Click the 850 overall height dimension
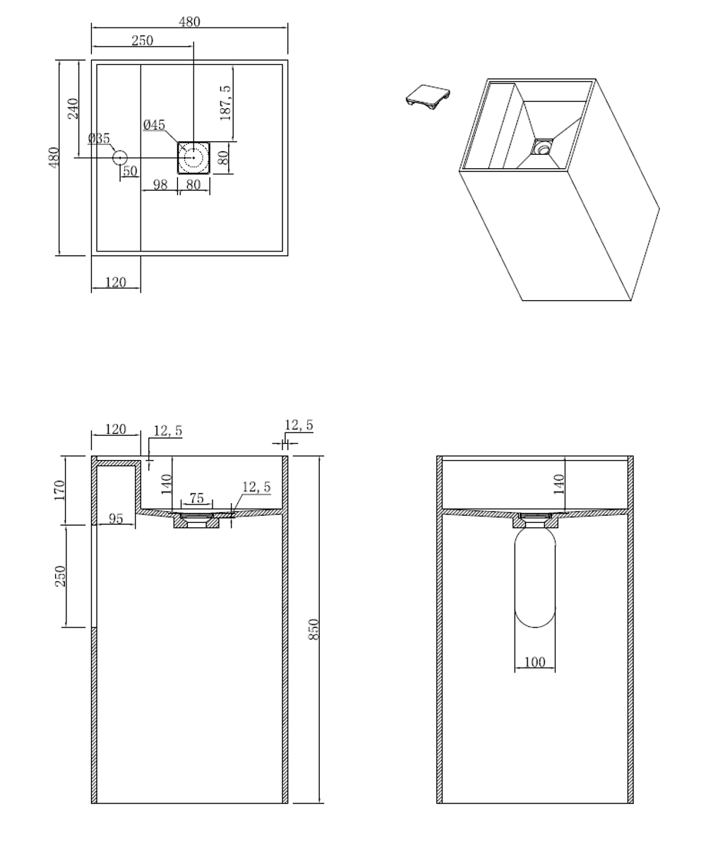click(315, 629)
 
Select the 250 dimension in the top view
click(142, 41)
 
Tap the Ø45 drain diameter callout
click(154, 125)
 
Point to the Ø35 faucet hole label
click(100, 138)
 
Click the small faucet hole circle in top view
click(119, 158)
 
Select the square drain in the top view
click(193, 157)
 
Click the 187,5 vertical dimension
click(226, 103)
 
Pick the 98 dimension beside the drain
click(160, 184)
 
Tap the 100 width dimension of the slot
click(534, 663)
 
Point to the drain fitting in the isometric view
click(542, 147)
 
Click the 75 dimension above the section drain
click(196, 498)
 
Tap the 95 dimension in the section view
click(116, 519)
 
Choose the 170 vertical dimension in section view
click(59, 490)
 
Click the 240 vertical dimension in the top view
click(73, 108)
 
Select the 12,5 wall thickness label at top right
click(299, 425)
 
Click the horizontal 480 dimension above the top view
click(189, 22)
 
